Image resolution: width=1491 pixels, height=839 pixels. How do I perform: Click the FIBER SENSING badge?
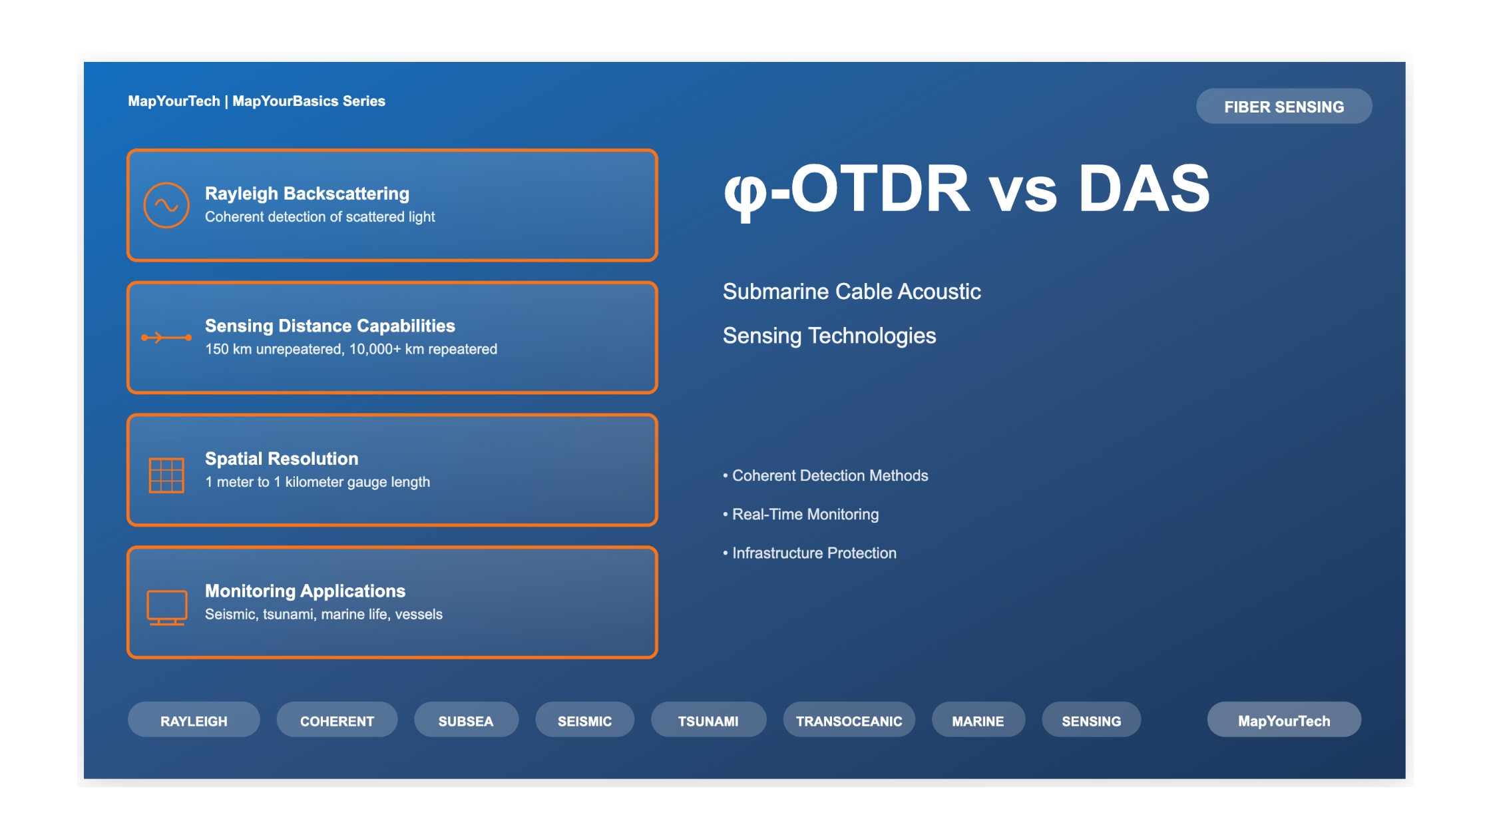pyautogui.click(x=1284, y=107)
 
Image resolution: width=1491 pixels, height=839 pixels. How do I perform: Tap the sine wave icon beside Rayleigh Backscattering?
pyautogui.click(x=166, y=205)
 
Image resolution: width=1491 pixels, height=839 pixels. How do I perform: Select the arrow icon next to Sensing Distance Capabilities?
pyautogui.click(x=166, y=338)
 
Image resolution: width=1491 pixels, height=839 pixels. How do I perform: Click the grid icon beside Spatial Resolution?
pyautogui.click(x=166, y=475)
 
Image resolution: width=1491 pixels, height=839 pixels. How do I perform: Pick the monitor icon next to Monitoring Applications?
pyautogui.click(x=166, y=608)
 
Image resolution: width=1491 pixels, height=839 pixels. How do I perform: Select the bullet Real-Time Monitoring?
pyautogui.click(x=801, y=514)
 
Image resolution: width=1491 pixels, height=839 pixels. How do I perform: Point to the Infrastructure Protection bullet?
pyautogui.click(x=809, y=553)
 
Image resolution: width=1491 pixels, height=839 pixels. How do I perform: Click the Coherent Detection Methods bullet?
pyautogui.click(x=825, y=475)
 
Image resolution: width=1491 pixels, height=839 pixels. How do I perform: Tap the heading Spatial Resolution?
pyautogui.click(x=282, y=459)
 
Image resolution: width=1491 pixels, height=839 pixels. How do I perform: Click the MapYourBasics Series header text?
pyautogui.click(x=309, y=101)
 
